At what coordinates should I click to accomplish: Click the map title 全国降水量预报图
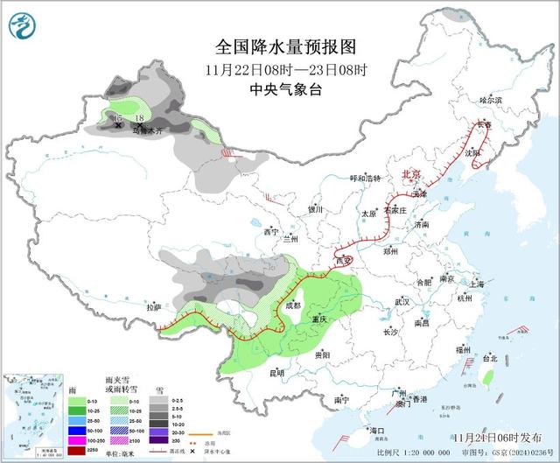click(279, 47)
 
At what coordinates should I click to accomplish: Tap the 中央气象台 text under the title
click(279, 88)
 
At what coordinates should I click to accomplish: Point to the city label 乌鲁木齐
click(148, 131)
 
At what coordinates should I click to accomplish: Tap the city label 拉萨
click(154, 307)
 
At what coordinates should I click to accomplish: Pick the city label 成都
click(293, 305)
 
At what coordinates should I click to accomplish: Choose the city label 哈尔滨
click(491, 101)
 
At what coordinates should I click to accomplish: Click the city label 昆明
click(277, 374)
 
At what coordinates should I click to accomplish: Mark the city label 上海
click(477, 284)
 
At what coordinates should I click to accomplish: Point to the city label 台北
click(490, 358)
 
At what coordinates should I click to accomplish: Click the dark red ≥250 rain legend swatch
click(76, 450)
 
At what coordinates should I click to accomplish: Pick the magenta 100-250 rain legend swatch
click(76, 440)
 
